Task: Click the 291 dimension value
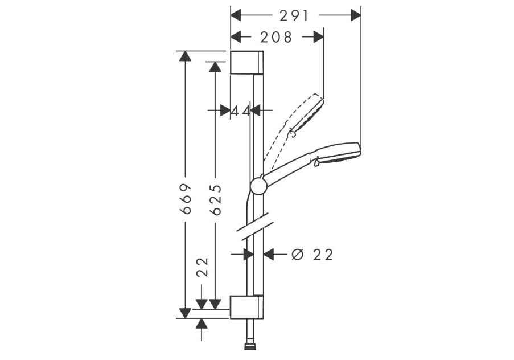pos(294,15)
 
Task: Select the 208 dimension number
pos(276,38)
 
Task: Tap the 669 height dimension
pos(186,199)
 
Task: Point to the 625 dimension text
pos(216,200)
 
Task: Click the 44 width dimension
pos(241,111)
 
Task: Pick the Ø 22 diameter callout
pos(312,254)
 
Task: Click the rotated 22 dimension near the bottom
pos(202,267)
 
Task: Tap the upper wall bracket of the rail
pos(247,62)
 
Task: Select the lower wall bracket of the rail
pos(246,307)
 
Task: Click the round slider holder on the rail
pos(258,186)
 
